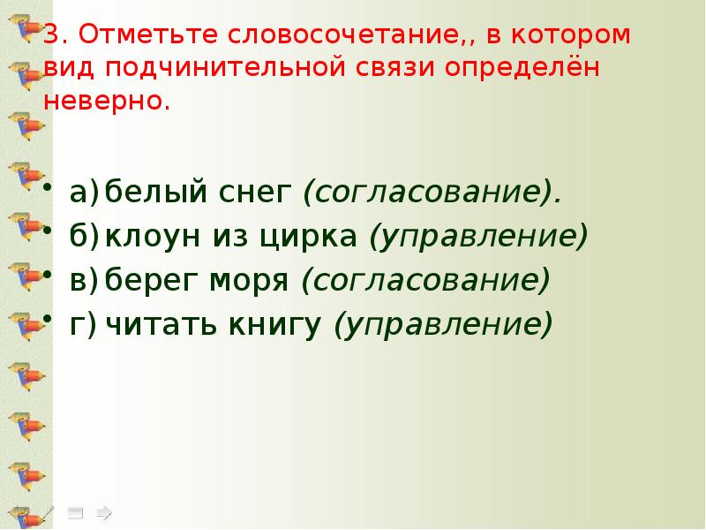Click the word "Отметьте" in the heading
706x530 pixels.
click(136, 38)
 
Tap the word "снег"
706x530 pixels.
click(269, 192)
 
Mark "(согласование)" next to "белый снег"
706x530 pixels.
click(432, 193)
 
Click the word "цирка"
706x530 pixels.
click(310, 237)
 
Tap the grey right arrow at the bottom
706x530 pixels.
click(103, 511)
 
